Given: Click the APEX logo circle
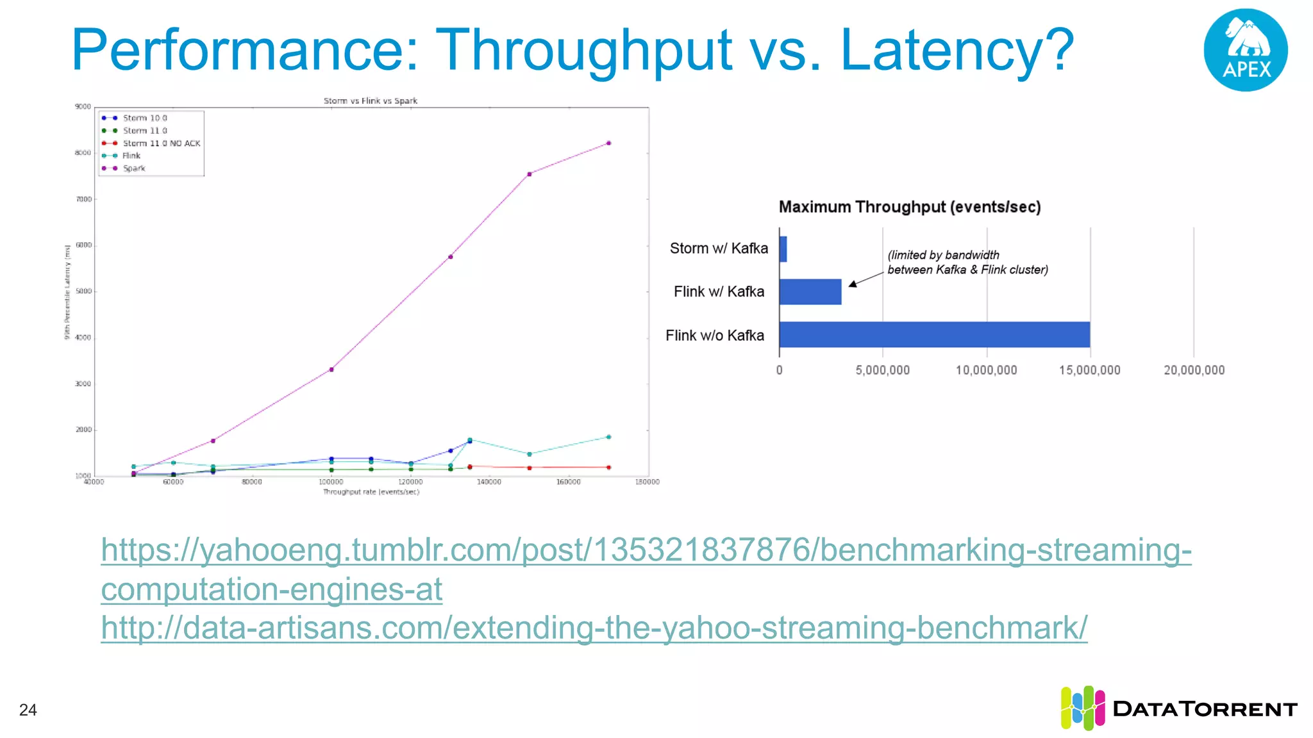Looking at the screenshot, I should click(1245, 50).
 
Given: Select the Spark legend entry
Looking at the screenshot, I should click(134, 168).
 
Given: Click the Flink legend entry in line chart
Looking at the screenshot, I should click(131, 156).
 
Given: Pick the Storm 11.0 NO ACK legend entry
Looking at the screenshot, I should click(162, 143).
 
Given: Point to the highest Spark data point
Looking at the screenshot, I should click(608, 143).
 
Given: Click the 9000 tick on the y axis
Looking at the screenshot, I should click(83, 106).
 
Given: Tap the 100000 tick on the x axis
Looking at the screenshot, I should click(331, 482).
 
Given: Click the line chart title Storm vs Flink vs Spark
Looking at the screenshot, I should click(371, 101).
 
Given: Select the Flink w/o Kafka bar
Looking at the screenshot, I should click(934, 334).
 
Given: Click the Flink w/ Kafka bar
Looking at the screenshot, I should click(810, 291).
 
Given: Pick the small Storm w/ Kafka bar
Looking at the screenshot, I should click(783, 249).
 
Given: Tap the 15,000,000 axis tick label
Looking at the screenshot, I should click(1089, 370).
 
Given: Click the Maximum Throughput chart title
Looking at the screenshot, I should click(909, 207).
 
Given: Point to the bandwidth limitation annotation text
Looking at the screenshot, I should click(967, 263).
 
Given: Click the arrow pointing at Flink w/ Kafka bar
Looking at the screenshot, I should click(866, 279).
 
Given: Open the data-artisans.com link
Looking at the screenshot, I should click(594, 628).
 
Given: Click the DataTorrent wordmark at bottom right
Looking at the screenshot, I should click(1205, 709).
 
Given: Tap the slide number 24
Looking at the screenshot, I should click(28, 710).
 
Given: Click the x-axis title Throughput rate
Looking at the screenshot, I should click(371, 492).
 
